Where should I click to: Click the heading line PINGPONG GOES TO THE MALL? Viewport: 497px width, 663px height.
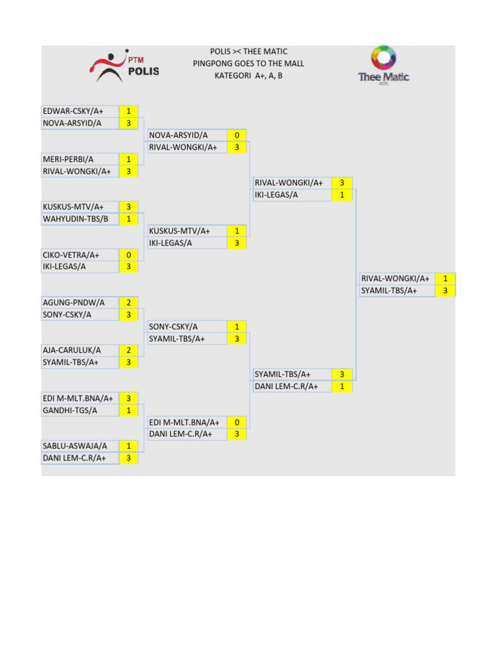(x=248, y=63)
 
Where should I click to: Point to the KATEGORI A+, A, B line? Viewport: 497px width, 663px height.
(x=248, y=76)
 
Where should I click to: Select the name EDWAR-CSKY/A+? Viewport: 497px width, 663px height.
(x=73, y=111)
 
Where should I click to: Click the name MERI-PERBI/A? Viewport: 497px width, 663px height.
(x=69, y=159)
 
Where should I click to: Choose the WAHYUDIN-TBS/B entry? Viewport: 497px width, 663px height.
(x=76, y=219)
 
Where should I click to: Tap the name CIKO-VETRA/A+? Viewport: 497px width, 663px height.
(x=71, y=255)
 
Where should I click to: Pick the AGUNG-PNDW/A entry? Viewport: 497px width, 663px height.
(x=74, y=302)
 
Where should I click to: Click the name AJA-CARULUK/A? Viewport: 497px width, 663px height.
(x=72, y=350)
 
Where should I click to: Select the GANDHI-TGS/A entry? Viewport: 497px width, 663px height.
(x=71, y=410)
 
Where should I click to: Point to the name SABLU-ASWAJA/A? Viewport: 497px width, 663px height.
(x=75, y=446)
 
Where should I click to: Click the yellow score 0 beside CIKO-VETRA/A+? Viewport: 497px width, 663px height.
(x=129, y=255)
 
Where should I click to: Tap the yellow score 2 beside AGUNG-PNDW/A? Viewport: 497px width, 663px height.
(x=129, y=302)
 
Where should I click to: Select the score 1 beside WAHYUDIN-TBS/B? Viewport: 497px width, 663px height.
(x=129, y=219)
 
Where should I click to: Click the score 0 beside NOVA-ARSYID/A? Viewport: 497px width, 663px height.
(x=237, y=135)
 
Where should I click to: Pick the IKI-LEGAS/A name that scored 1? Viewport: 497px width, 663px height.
(x=276, y=195)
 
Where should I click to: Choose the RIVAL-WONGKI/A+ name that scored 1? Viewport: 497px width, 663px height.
(x=395, y=278)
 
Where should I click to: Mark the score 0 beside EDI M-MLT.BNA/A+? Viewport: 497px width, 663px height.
(x=237, y=422)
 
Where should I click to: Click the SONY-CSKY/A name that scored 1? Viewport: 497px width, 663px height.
(x=173, y=327)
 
